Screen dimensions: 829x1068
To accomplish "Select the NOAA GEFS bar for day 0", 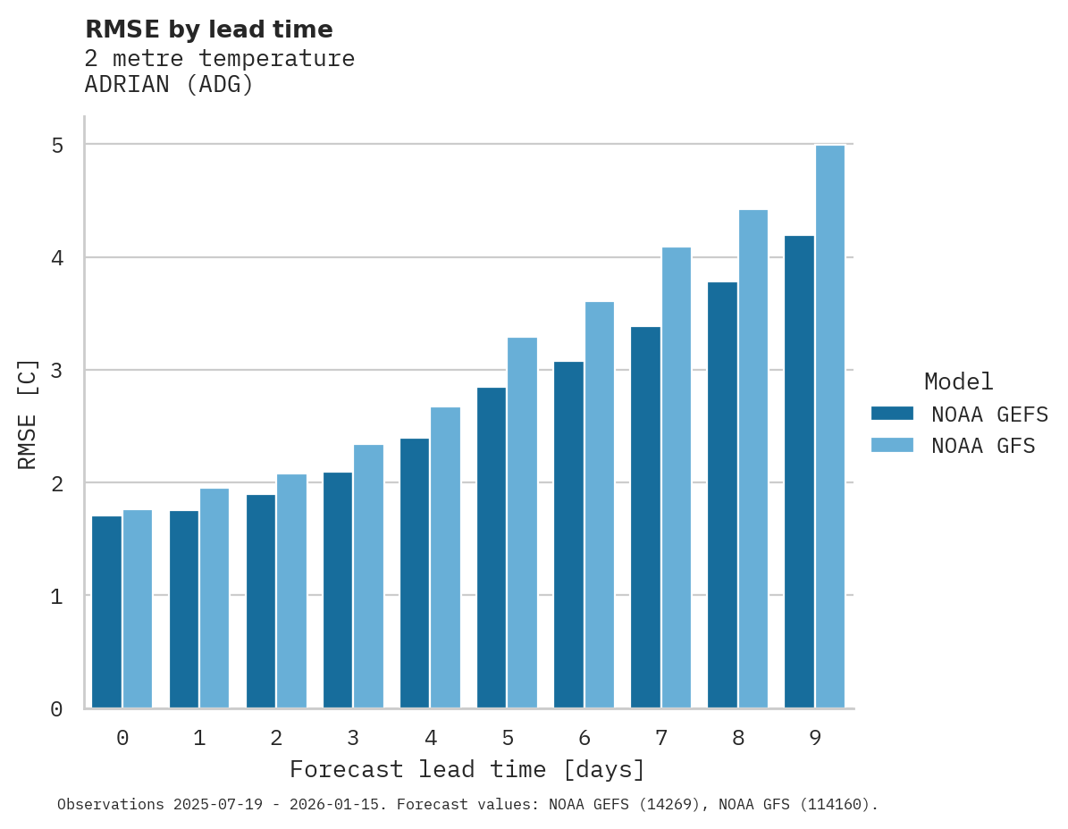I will pyautogui.click(x=107, y=612).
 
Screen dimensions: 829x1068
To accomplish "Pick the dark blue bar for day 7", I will pyautogui.click(x=645, y=517).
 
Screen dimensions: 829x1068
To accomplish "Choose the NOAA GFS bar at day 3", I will pyautogui.click(x=368, y=576).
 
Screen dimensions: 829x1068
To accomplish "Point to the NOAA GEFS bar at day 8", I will pyautogui.click(x=722, y=495).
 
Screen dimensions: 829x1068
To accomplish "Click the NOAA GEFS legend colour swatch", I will pyautogui.click(x=892, y=414).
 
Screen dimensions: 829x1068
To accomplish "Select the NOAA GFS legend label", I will pyautogui.click(x=983, y=446).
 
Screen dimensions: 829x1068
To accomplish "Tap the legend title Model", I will pyautogui.click(x=958, y=381).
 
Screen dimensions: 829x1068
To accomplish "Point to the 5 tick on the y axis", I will pyautogui.click(x=56, y=145).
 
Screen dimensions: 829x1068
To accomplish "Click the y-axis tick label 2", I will pyautogui.click(x=56, y=483).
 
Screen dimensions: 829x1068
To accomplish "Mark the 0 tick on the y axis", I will pyautogui.click(x=56, y=709).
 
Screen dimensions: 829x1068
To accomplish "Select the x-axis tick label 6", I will pyautogui.click(x=584, y=738).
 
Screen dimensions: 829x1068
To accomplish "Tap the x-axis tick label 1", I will pyautogui.click(x=199, y=738).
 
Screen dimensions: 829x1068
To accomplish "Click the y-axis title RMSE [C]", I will pyautogui.click(x=28, y=414).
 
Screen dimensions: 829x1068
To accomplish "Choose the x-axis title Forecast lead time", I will pyautogui.click(x=467, y=769).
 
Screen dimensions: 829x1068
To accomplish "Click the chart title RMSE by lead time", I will pyautogui.click(x=208, y=29).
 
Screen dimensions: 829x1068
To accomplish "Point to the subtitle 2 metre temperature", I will pyautogui.click(x=219, y=59).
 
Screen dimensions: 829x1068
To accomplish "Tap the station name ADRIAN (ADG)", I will pyautogui.click(x=169, y=85).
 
